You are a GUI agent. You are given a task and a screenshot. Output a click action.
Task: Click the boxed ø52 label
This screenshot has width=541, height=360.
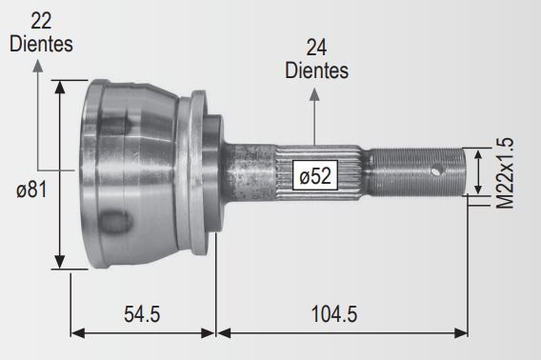[x=315, y=175]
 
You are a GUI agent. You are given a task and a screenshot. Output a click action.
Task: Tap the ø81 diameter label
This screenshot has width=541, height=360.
[x=31, y=190]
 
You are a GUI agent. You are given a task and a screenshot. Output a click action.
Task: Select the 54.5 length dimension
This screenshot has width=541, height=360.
[x=142, y=314]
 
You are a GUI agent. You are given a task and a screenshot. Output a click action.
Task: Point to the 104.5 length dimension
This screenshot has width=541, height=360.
[x=334, y=314]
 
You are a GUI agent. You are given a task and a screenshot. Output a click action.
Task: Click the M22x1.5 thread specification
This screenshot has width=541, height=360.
[x=505, y=173]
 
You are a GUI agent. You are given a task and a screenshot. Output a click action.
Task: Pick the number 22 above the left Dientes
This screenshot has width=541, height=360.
[x=41, y=21]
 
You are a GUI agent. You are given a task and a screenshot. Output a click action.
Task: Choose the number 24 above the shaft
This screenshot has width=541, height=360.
[x=316, y=48]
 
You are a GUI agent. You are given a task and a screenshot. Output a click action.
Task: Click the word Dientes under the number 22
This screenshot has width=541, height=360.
[x=41, y=44]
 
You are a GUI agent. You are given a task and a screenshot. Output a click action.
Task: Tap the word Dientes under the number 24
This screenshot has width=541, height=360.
[x=316, y=70]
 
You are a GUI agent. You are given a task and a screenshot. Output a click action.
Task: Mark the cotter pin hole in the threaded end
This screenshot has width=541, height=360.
[x=437, y=170]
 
